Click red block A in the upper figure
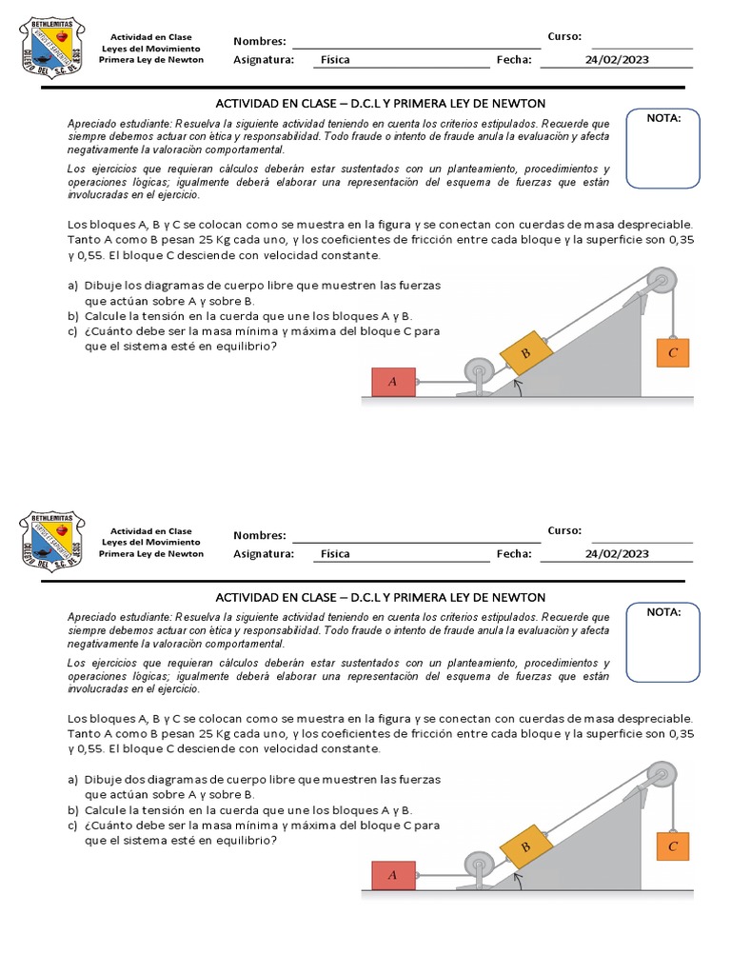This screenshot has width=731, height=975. coord(392,382)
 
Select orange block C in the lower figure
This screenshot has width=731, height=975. coord(672,846)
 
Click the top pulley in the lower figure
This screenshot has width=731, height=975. coord(660,775)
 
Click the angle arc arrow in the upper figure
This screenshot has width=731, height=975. coord(519,387)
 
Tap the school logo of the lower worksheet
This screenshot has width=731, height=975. coord(51,539)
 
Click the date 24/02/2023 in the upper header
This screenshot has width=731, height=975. coord(617,59)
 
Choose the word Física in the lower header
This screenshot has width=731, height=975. coord(335,553)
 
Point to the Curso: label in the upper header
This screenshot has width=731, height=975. coord(564,36)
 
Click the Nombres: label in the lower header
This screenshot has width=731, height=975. coord(259,536)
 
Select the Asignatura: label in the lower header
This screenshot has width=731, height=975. coord(264,553)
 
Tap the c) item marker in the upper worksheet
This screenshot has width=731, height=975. coord(72,331)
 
